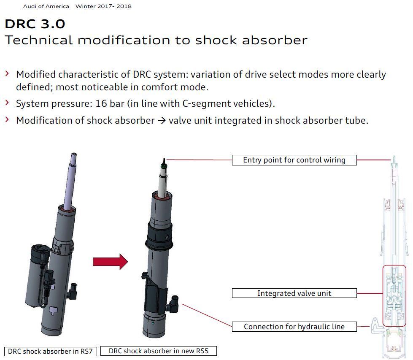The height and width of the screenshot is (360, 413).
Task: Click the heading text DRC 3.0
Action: click(x=35, y=24)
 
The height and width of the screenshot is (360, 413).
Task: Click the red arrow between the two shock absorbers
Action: click(x=110, y=262)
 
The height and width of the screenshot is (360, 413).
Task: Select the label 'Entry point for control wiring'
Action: click(x=294, y=160)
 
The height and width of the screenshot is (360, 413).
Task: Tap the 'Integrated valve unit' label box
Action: click(x=294, y=293)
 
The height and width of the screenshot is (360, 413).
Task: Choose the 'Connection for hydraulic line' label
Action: click(x=294, y=327)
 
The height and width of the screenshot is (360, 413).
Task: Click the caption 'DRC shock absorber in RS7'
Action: click(x=50, y=351)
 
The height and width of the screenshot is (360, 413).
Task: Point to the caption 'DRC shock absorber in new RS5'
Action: click(x=158, y=351)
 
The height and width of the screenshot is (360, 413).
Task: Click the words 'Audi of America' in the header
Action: click(x=46, y=6)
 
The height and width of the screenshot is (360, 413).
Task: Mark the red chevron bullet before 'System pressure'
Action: click(x=7, y=103)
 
